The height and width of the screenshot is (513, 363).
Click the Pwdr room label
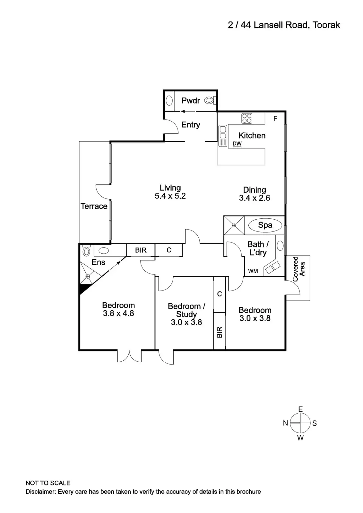coord(191,101)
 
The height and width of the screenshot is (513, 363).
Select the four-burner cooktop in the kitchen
coord(247,118)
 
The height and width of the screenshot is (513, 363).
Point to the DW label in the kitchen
coord(237,143)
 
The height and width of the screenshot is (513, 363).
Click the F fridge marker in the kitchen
coord(275,119)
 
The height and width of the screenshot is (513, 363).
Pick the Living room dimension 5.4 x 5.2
coord(170,196)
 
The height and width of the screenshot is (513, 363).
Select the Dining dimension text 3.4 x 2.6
coord(255,198)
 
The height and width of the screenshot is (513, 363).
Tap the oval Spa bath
coord(265,225)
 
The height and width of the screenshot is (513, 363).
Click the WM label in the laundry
coord(253,271)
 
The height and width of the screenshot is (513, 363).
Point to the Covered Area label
coord(298,269)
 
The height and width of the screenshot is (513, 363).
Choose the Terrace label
coord(94,206)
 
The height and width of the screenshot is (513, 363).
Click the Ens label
coord(98,262)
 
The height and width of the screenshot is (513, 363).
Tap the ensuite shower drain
coord(88,276)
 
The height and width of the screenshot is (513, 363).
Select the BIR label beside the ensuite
coord(141,250)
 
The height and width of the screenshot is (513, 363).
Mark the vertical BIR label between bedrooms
coord(220,332)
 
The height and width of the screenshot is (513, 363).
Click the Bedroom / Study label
coord(186,310)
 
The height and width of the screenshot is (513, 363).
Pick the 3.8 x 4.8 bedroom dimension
coord(118,313)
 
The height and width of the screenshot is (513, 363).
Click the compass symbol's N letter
coord(285,423)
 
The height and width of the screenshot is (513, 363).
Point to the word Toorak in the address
coord(326,25)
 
